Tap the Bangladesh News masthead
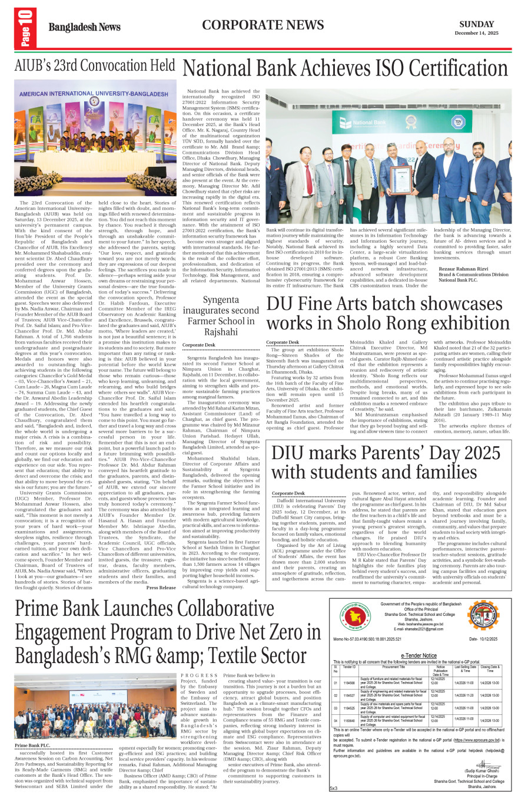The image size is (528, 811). click(84, 28)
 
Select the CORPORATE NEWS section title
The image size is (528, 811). click(263, 25)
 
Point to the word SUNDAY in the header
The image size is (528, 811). click(476, 24)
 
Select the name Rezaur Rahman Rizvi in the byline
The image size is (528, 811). click(463, 269)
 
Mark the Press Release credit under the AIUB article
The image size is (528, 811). click(161, 587)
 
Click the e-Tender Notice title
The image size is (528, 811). click(419, 655)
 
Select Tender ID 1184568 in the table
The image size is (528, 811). click(349, 683)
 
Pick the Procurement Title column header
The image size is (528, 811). click(393, 667)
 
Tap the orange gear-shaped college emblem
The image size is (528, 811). click(481, 616)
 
